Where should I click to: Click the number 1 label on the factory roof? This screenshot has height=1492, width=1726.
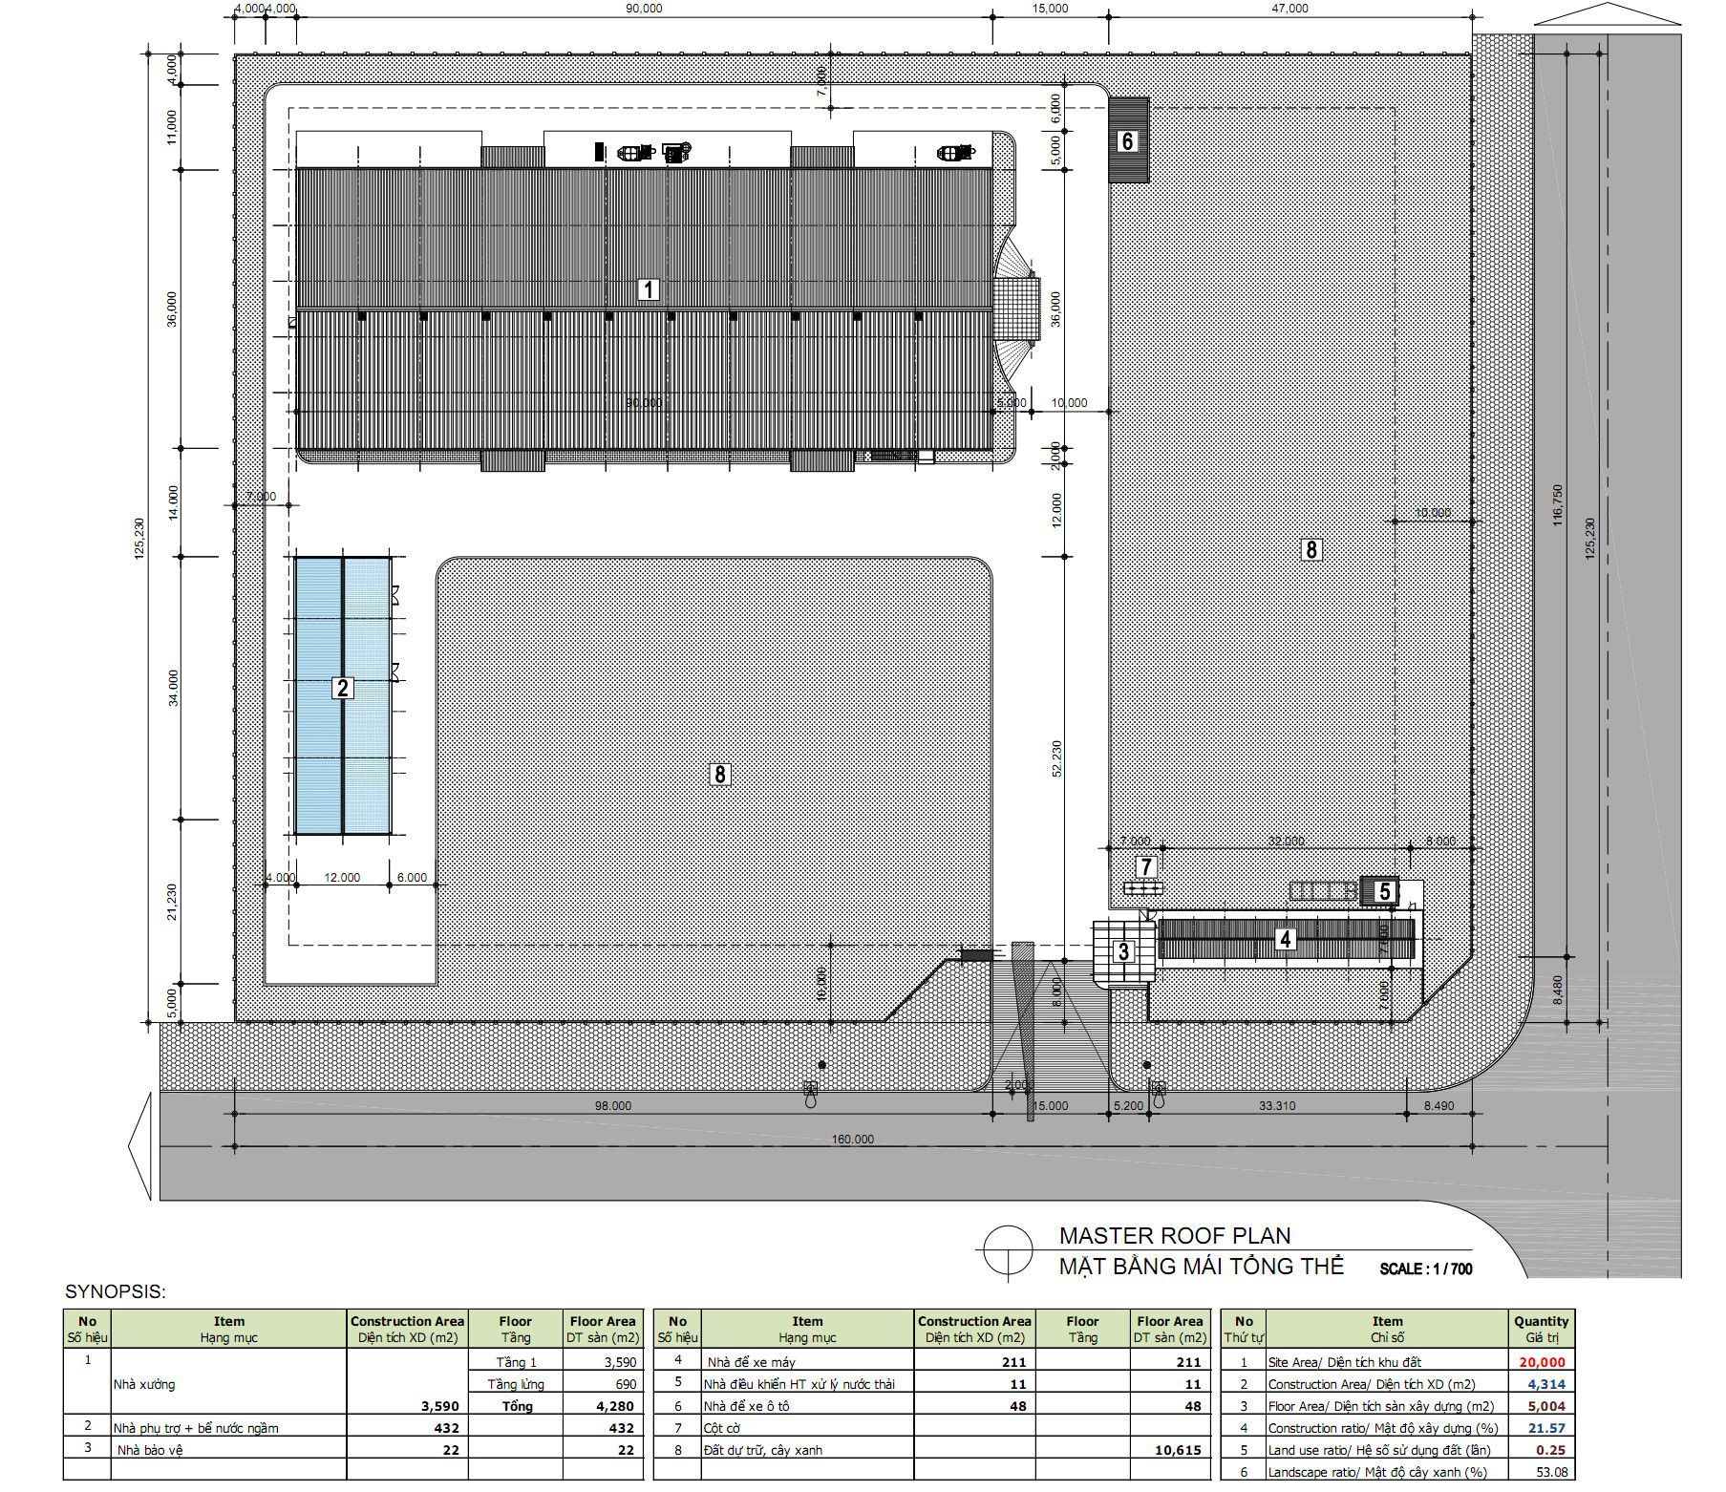tap(648, 289)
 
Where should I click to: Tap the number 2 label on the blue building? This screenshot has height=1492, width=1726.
tap(342, 688)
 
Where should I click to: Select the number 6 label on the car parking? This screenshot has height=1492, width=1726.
tap(1127, 141)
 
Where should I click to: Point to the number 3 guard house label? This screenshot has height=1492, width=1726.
tap(1123, 951)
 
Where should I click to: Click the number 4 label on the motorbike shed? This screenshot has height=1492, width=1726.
tap(1285, 940)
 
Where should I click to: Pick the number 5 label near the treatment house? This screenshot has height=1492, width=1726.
tap(1384, 892)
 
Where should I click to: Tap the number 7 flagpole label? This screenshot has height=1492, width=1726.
tap(1146, 867)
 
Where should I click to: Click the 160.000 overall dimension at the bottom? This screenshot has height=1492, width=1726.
tap(852, 1139)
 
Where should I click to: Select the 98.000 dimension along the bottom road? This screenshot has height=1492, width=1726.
tap(612, 1106)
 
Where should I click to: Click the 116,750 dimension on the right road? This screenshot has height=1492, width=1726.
tap(1558, 504)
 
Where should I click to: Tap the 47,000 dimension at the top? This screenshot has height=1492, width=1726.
tap(1289, 9)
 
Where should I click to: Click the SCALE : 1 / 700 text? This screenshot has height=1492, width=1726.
tap(1426, 1269)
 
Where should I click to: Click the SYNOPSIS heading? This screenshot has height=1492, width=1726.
tap(116, 1292)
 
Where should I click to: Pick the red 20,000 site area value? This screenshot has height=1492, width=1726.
tap(1542, 1363)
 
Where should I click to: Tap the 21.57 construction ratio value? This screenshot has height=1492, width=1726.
tap(1547, 1428)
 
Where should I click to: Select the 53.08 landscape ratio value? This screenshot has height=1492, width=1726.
tap(1549, 1472)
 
